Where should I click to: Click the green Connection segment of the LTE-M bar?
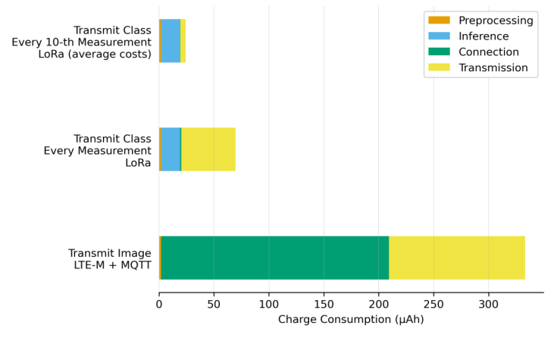point(274,258)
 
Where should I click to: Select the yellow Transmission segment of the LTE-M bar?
point(456,258)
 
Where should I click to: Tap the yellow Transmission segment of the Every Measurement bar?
point(208,149)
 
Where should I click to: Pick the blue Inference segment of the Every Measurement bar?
point(171,149)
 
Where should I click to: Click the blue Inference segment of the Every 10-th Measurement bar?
point(171,41)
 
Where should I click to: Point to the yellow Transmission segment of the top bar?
point(183,41)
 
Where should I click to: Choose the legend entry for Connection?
point(489,52)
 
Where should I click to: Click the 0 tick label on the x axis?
point(159,305)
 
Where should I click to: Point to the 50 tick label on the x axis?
point(214,305)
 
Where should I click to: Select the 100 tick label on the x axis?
point(269,305)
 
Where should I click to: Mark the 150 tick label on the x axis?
point(324,305)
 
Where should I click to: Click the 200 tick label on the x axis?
point(379,305)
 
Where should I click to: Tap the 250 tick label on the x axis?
point(433,305)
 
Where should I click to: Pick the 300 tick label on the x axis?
point(488,305)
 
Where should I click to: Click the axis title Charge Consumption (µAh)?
point(351,320)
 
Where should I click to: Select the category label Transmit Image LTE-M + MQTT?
point(109,259)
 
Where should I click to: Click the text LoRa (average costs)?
point(95,55)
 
